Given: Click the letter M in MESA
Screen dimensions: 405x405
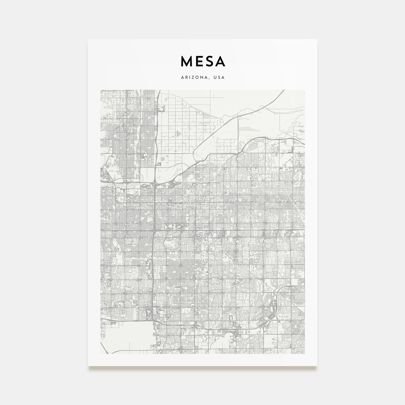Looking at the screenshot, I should (186, 61).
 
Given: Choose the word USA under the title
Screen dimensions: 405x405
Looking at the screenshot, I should (218, 78).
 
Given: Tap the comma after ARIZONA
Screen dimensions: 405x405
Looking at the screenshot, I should (211, 78).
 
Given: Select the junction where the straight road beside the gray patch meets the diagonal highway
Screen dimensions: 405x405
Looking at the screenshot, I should (238, 116).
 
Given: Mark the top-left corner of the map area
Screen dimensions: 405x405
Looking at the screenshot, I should (100, 90).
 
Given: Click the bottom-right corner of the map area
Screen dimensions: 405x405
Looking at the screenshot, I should (305, 354).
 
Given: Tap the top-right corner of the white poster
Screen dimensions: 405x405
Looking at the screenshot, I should (317, 39).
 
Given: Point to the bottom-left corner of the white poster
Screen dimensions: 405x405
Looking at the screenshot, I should (88, 366).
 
